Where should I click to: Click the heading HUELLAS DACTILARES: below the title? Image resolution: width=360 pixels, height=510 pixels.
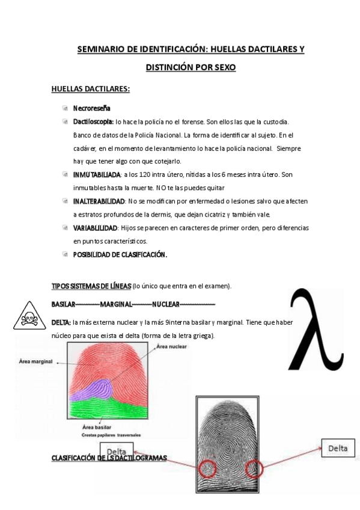tap(91, 90)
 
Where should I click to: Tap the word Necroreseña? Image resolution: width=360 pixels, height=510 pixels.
tap(91, 109)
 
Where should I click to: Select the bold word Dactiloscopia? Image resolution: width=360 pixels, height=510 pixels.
tap(93, 121)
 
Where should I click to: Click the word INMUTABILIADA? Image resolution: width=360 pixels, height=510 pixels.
tap(96, 174)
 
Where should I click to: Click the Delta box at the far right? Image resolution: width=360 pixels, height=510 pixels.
tap(338, 448)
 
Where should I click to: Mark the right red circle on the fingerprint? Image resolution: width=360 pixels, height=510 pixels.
tap(254, 467)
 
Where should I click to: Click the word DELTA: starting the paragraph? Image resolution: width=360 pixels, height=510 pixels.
tap(61, 322)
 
